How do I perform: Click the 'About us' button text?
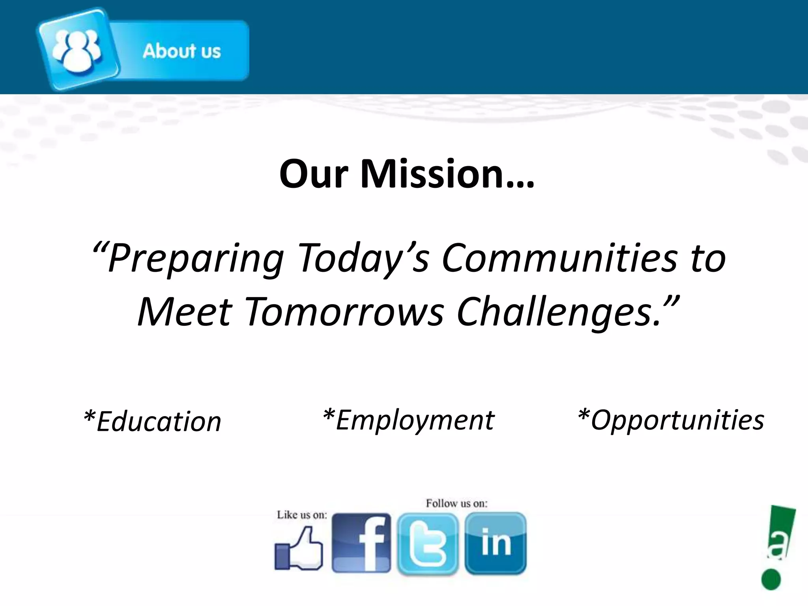click(181, 51)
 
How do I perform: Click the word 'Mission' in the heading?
click(447, 174)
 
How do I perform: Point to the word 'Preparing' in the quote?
click(195, 258)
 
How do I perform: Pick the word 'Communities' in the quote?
click(559, 258)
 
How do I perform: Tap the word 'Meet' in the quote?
click(184, 312)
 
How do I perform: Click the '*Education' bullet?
click(153, 421)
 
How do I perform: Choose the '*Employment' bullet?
click(408, 420)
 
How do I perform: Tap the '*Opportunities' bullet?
click(671, 420)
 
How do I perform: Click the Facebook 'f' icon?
click(361, 543)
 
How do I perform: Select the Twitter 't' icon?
click(428, 543)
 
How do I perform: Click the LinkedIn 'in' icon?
click(496, 542)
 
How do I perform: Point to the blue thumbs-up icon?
click(299, 549)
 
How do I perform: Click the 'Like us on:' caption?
click(302, 515)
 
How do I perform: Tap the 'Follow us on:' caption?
click(456, 503)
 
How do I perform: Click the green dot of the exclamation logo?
click(771, 580)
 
